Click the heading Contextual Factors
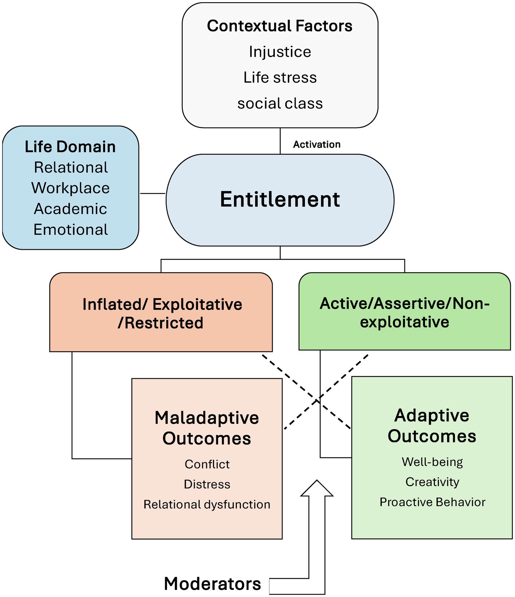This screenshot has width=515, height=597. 279,26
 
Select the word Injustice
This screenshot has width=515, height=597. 280,52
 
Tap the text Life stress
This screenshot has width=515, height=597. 280,78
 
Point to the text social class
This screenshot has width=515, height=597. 280,104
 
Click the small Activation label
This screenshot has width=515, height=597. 317,144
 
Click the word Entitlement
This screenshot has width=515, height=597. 280,199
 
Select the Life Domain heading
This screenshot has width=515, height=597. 70,147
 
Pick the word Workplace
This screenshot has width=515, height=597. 70,188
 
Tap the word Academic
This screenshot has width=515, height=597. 70,209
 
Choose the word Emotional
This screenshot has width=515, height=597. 70,230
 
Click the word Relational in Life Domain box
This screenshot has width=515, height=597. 71,168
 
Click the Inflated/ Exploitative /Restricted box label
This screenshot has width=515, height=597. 162,313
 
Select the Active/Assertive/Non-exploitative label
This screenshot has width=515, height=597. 404,312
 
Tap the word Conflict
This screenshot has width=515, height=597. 207,464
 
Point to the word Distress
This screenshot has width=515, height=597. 207,484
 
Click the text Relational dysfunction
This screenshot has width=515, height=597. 207,504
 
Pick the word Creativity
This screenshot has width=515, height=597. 432,482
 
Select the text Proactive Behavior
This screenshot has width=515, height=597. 432,502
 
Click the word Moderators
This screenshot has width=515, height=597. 212,583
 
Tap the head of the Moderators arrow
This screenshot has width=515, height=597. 317,489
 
